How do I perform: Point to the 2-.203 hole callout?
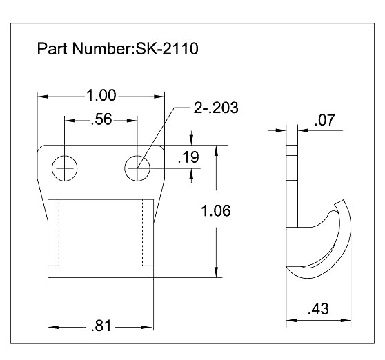click(x=218, y=108)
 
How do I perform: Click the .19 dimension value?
click(x=188, y=157)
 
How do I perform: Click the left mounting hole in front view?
click(x=66, y=167)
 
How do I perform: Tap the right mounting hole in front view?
click(x=139, y=167)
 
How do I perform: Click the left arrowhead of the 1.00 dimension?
click(x=41, y=96)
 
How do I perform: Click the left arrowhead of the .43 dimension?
click(x=290, y=320)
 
